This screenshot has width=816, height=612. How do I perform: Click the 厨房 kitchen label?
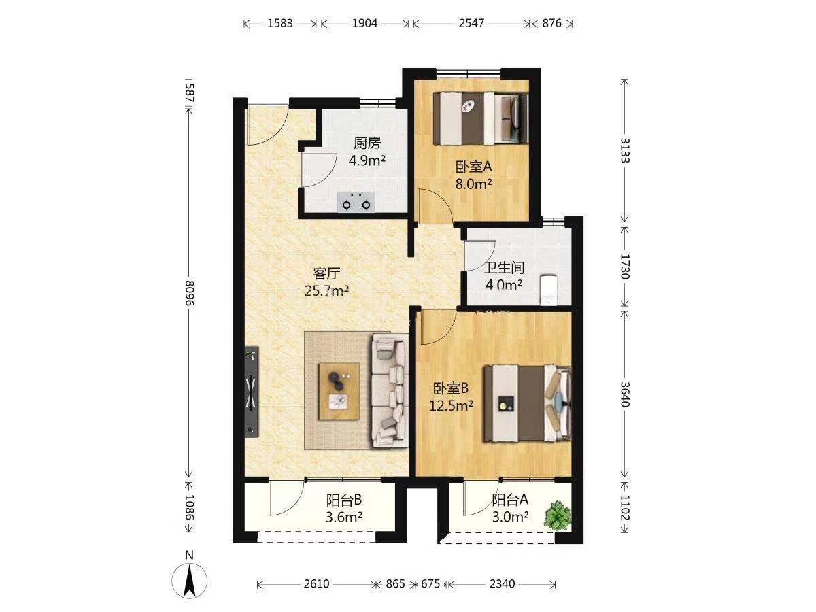point(367,143)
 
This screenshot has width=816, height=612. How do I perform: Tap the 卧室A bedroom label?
point(473,167)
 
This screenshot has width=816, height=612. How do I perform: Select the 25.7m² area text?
point(327,290)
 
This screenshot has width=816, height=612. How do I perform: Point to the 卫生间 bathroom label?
point(504,267)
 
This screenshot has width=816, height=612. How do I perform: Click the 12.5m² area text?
point(451,405)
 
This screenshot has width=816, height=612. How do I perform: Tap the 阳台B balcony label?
point(344,500)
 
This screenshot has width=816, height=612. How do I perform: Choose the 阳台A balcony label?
point(510,500)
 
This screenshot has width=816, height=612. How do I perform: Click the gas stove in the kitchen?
point(356,203)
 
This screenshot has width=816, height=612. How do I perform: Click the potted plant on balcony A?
point(557,517)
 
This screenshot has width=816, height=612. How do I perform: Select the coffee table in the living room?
point(339,391)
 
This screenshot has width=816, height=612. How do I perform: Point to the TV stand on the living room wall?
point(252,392)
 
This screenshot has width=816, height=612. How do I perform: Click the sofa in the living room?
point(390,390)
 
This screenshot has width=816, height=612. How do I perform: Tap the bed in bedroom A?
point(481,119)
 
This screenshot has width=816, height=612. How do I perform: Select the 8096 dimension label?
point(190,293)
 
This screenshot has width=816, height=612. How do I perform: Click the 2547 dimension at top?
point(471,23)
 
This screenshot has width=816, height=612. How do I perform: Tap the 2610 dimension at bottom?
point(316,583)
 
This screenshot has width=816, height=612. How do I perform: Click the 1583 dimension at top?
point(280,23)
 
